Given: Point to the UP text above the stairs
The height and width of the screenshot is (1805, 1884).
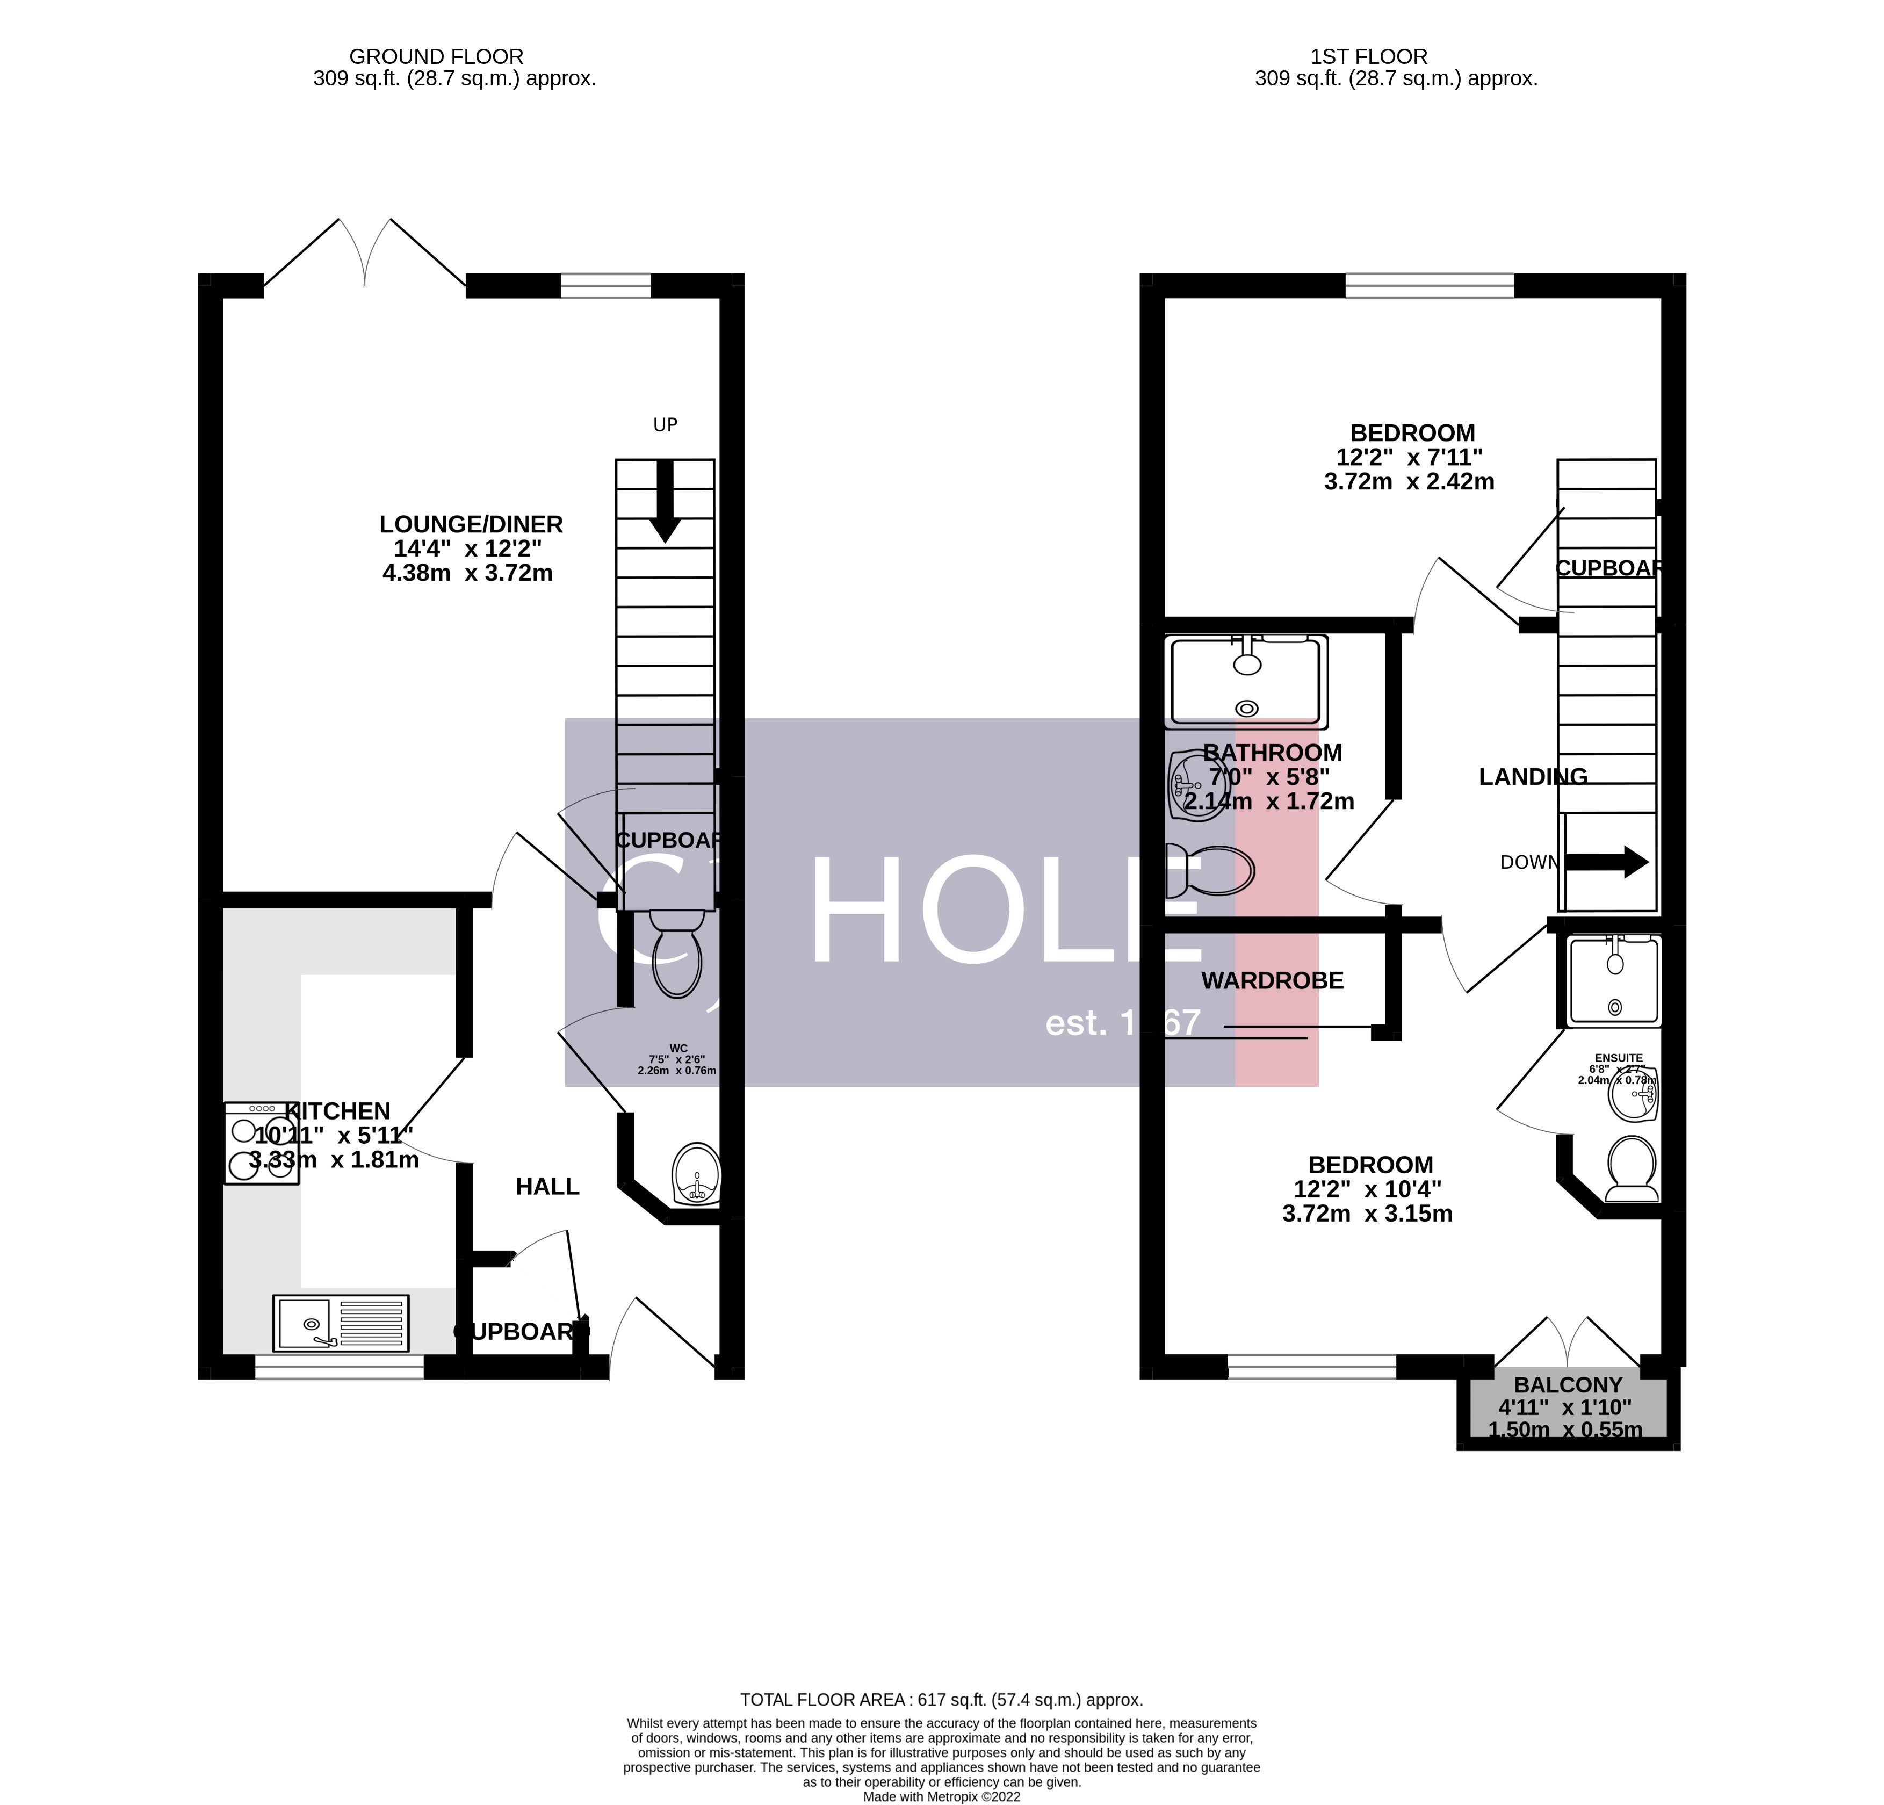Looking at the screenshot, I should click(x=665, y=425).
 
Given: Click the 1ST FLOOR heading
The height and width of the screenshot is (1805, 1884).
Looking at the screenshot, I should click(x=1396, y=57).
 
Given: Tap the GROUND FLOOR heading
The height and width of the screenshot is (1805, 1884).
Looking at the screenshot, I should click(x=436, y=57).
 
